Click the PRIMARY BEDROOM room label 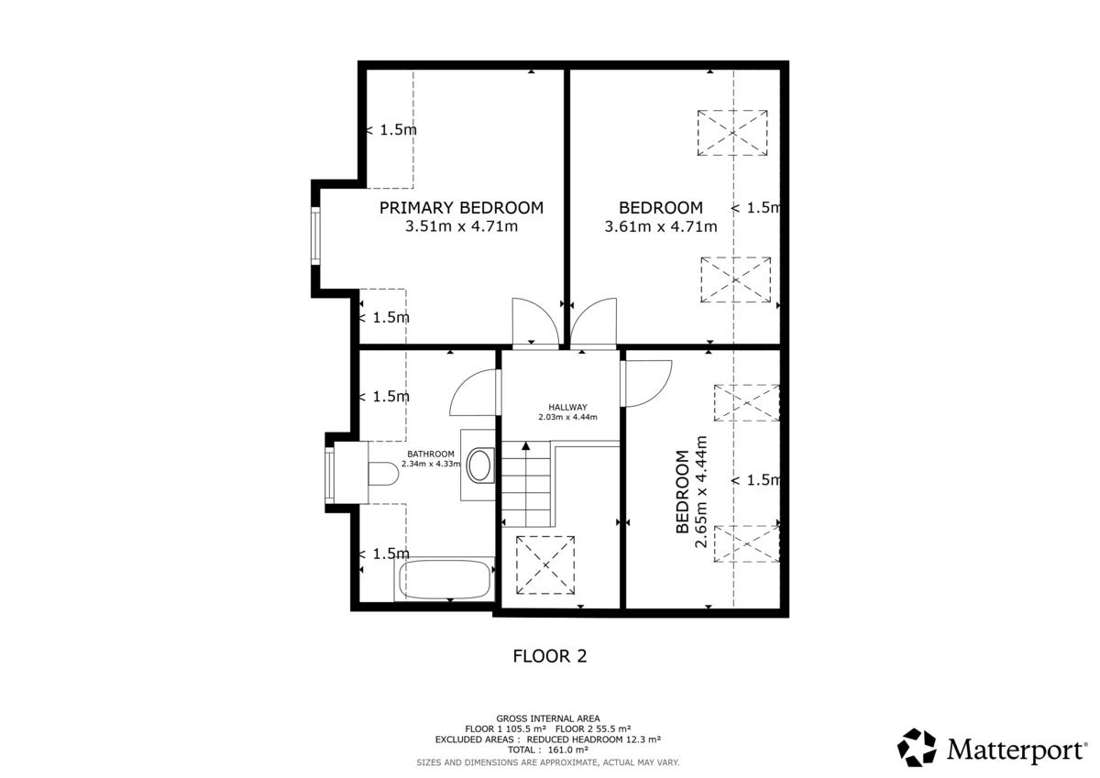tap(461, 208)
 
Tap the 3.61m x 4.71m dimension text tap(661, 226)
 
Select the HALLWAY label tap(567, 407)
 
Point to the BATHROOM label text tap(431, 454)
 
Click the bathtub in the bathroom tap(445, 580)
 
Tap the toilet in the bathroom tap(383, 474)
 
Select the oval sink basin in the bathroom tap(479, 466)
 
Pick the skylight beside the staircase tap(545, 565)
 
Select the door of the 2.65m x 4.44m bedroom tap(646, 383)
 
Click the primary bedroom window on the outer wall tap(315, 236)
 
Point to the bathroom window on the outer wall tap(329, 476)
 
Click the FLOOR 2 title tap(549, 656)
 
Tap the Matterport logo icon tap(917, 747)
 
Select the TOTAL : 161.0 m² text tap(547, 750)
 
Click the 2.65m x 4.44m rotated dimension tap(700, 491)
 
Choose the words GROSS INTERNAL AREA tap(548, 718)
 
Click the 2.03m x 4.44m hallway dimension tap(567, 417)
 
